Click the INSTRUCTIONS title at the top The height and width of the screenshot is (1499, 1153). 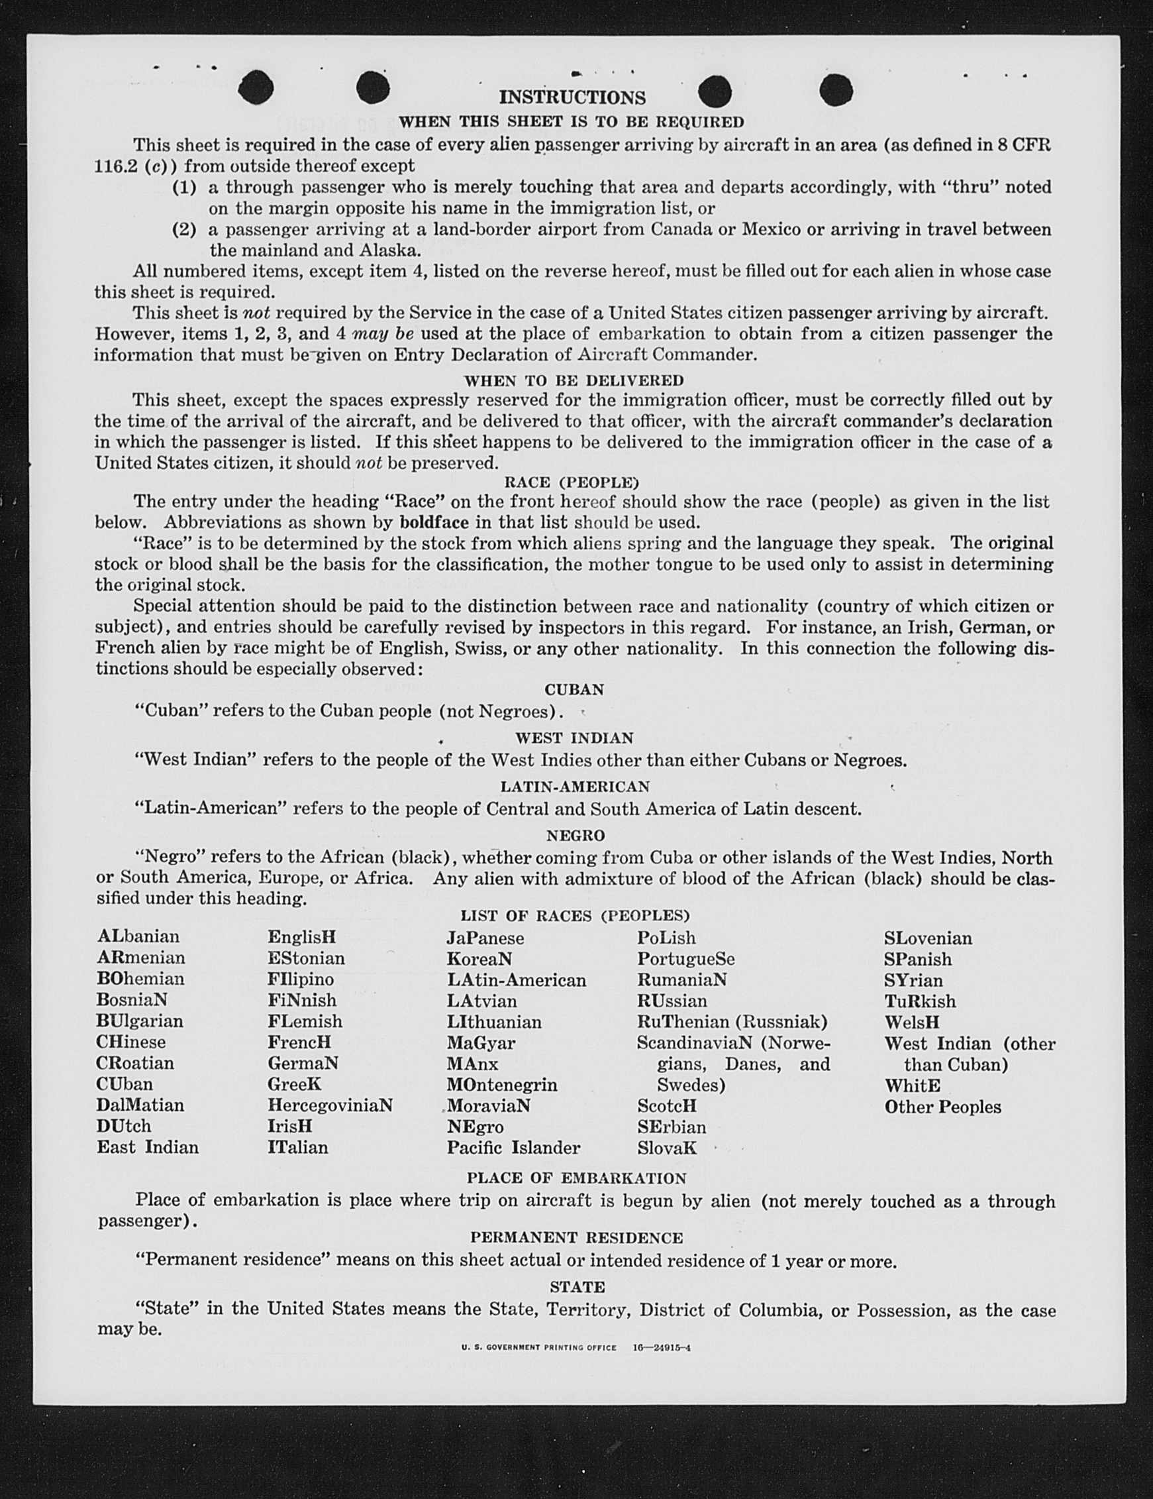click(x=572, y=97)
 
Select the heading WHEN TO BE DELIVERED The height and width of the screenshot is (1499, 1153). click(x=574, y=380)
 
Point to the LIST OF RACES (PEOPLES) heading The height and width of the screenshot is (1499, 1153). click(x=575, y=915)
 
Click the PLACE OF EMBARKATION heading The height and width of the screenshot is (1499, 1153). click(x=576, y=1178)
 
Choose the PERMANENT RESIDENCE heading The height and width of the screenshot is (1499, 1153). click(x=576, y=1237)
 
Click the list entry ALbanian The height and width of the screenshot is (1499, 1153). click(x=138, y=936)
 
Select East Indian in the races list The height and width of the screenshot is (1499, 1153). click(x=148, y=1147)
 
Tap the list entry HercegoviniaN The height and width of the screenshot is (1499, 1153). click(x=330, y=1105)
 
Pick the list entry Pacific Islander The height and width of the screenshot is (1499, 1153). click(x=513, y=1148)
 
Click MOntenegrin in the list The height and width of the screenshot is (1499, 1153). click(x=501, y=1084)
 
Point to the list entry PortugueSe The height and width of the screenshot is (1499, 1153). click(x=685, y=958)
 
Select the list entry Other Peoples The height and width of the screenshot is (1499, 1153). click(x=942, y=1107)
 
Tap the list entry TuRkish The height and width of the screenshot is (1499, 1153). click(x=919, y=1001)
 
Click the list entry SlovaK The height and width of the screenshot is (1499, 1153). click(x=666, y=1148)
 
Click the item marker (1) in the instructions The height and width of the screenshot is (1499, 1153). click(x=184, y=188)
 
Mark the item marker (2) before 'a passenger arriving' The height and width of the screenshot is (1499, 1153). click(x=184, y=229)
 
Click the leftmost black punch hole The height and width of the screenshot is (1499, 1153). click(x=256, y=88)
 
